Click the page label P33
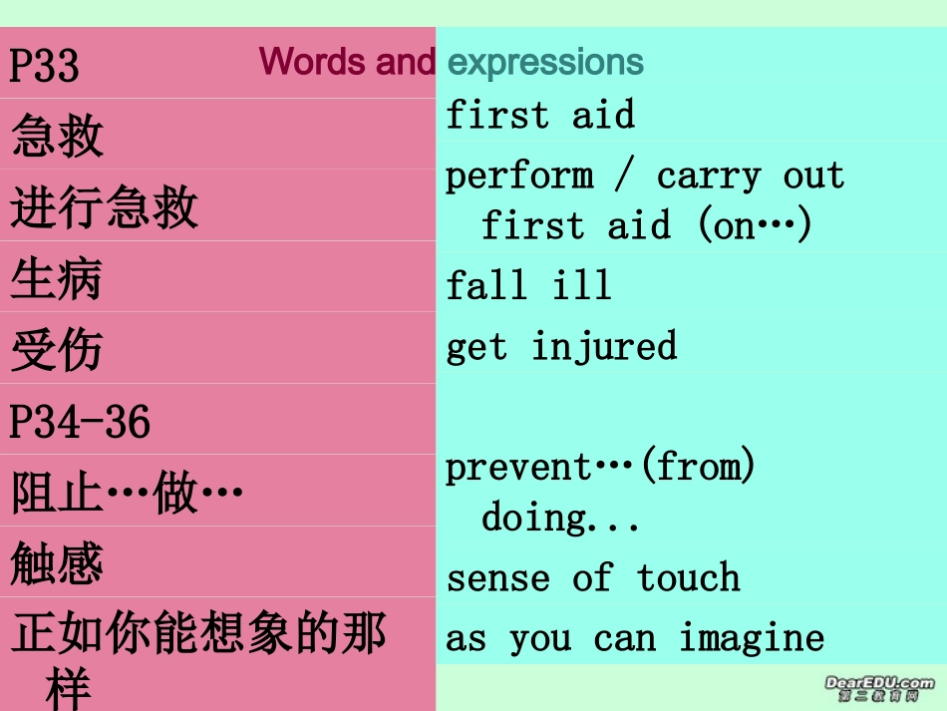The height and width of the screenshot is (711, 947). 44,66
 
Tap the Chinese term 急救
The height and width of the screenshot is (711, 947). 58,137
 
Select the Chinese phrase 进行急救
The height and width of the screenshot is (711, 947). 105,208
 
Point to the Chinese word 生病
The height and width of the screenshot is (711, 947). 57,280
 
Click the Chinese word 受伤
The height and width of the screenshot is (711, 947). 57,351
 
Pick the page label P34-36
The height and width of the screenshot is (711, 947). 80,422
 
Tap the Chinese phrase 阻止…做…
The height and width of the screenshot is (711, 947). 128,494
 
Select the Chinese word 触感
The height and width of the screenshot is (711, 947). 57,565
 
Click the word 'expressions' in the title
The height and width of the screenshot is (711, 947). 545,63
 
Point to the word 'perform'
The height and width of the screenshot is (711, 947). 518,177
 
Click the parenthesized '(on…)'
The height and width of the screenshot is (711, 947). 756,226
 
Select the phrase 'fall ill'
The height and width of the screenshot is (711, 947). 528,286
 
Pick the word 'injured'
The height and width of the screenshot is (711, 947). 603,346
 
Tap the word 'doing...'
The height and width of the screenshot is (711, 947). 560,519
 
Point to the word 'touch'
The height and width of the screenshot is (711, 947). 689,578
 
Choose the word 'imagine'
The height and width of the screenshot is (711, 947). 752,638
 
